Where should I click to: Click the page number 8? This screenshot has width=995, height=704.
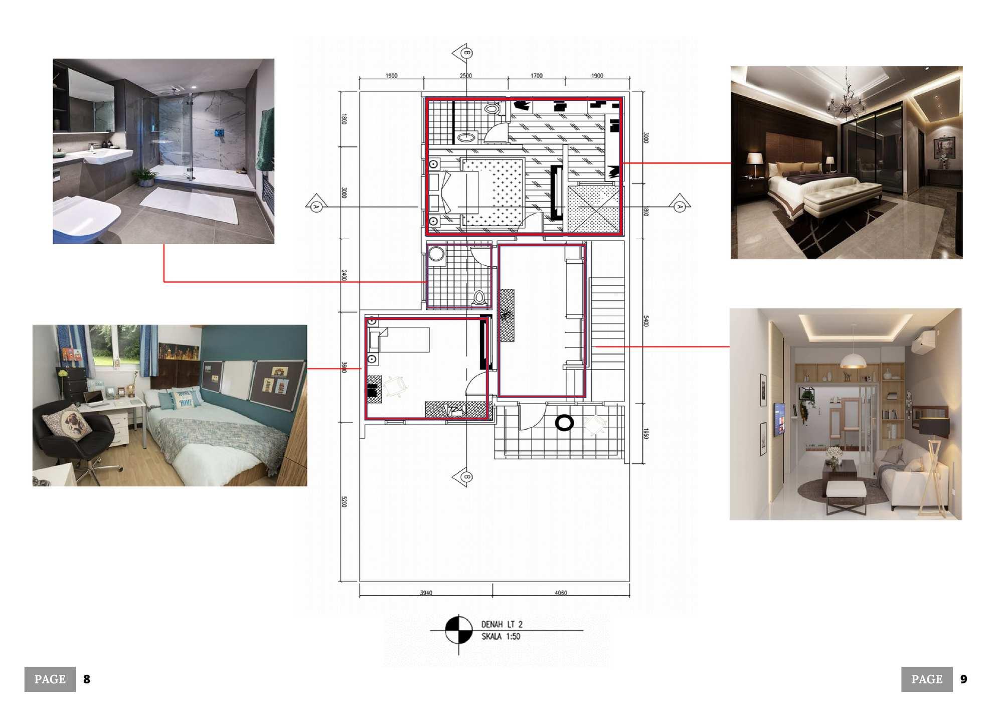[87, 679]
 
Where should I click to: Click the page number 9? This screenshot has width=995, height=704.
[963, 679]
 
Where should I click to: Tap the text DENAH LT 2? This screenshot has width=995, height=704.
[502, 624]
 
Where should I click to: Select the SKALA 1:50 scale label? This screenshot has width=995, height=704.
[501, 636]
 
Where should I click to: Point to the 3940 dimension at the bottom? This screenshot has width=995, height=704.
[426, 593]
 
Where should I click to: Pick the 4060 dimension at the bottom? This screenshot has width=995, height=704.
[561, 593]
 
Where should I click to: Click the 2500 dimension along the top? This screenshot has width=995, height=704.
[466, 76]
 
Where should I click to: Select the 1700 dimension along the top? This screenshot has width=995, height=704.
[537, 76]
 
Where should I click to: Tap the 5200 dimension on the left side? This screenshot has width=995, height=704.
[344, 501]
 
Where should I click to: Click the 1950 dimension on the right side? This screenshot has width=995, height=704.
[646, 434]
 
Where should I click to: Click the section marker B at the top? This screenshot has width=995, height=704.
[465, 53]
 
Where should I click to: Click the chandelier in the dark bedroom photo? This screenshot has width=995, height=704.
[846, 100]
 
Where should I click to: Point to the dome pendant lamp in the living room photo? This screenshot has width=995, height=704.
[853, 360]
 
